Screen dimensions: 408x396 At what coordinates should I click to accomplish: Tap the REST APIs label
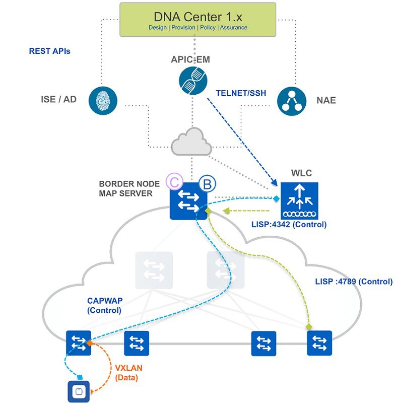(49, 51)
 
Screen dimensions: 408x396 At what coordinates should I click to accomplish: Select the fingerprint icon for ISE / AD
(102, 99)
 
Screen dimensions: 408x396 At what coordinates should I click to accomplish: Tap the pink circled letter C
(175, 183)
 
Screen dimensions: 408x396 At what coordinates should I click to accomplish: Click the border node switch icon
(189, 204)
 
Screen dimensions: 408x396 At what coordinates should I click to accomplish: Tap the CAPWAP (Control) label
(105, 305)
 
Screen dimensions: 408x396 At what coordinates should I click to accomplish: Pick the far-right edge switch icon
(319, 343)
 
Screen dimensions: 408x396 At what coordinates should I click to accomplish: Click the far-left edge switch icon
(79, 343)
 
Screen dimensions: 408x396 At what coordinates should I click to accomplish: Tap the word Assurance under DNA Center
(233, 27)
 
